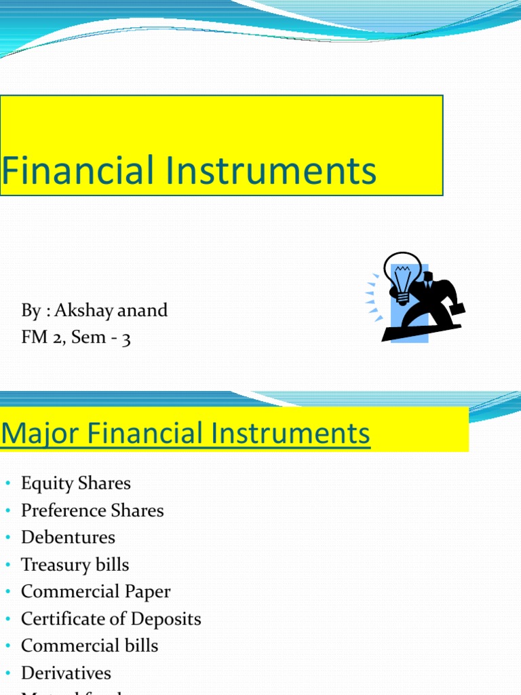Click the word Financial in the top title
[x=77, y=170]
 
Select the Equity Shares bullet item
[x=75, y=483]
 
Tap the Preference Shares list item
[x=92, y=510]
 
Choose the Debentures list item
[x=68, y=538]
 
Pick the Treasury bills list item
[x=75, y=565]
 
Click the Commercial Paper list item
[x=96, y=592]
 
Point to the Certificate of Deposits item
[x=111, y=619]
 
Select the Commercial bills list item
[x=90, y=645]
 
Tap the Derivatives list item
[x=66, y=673]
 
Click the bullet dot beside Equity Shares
[x=8, y=484]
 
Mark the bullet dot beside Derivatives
[x=8, y=674]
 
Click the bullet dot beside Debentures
[x=8, y=538]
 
